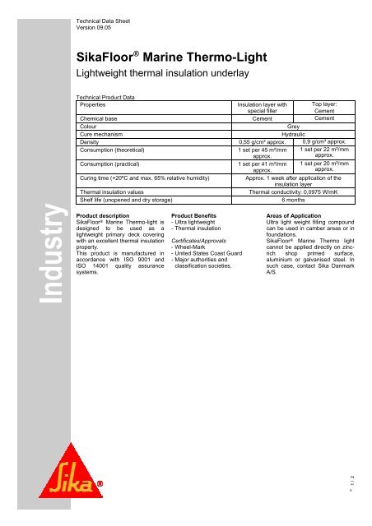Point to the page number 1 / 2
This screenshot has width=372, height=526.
(x=361, y=490)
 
